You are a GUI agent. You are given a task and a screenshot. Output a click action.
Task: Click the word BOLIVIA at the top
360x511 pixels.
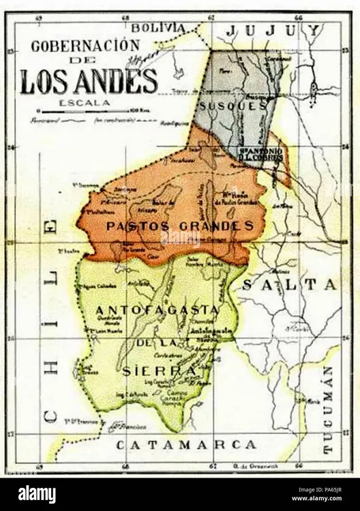158,27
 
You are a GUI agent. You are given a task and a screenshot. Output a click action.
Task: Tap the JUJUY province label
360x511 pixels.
273,30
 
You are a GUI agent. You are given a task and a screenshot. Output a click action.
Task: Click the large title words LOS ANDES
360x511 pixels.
89,82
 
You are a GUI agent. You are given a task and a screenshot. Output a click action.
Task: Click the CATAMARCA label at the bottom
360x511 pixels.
185,445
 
